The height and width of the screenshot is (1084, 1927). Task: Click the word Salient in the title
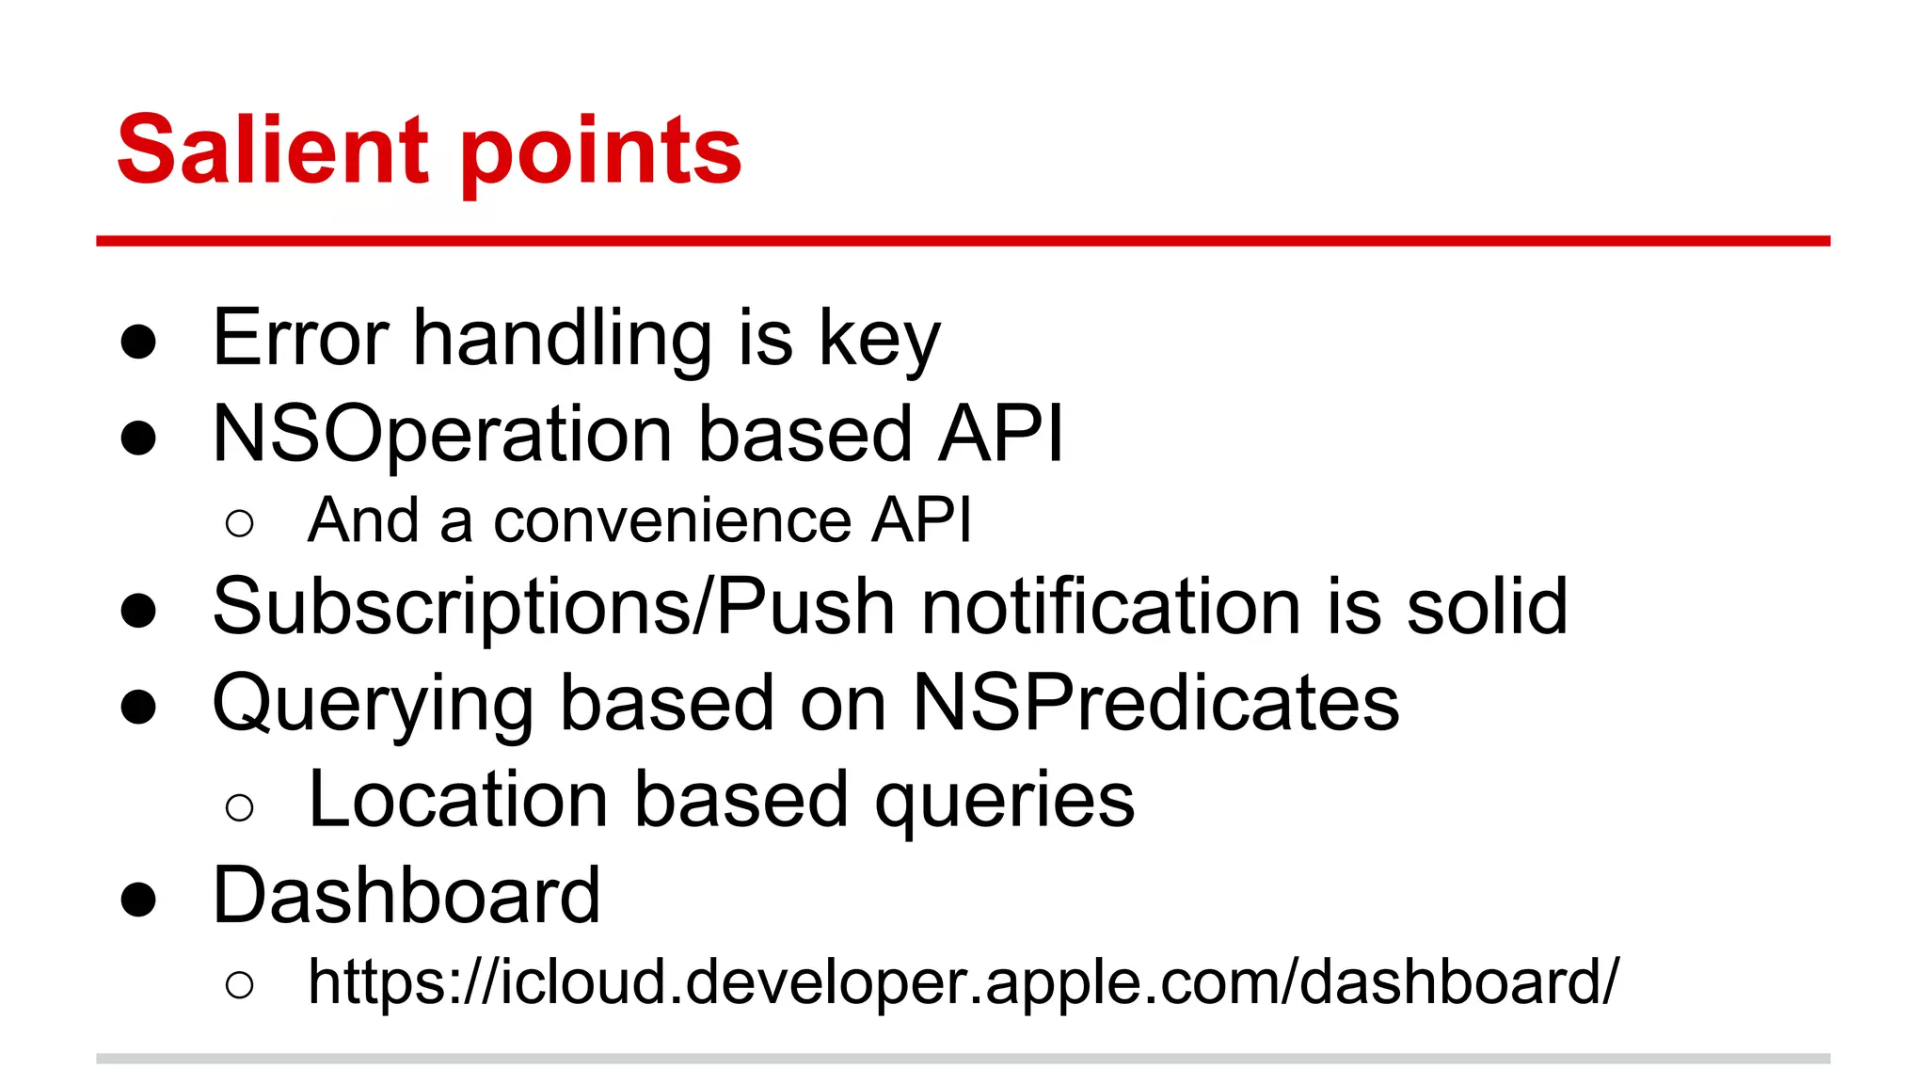click(273, 151)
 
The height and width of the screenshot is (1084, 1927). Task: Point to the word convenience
click(672, 520)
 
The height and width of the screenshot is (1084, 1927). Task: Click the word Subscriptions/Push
click(553, 607)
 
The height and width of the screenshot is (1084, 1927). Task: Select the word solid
click(1487, 607)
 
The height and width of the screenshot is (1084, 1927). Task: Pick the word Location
click(458, 800)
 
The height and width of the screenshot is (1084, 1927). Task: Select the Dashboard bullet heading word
click(406, 896)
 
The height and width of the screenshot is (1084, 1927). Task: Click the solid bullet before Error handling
click(138, 342)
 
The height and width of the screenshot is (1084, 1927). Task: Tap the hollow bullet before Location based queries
click(240, 806)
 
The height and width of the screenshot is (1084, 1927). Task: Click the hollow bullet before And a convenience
click(240, 523)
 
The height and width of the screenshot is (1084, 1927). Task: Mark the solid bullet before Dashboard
click(138, 900)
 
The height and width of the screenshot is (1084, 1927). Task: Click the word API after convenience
click(920, 520)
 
